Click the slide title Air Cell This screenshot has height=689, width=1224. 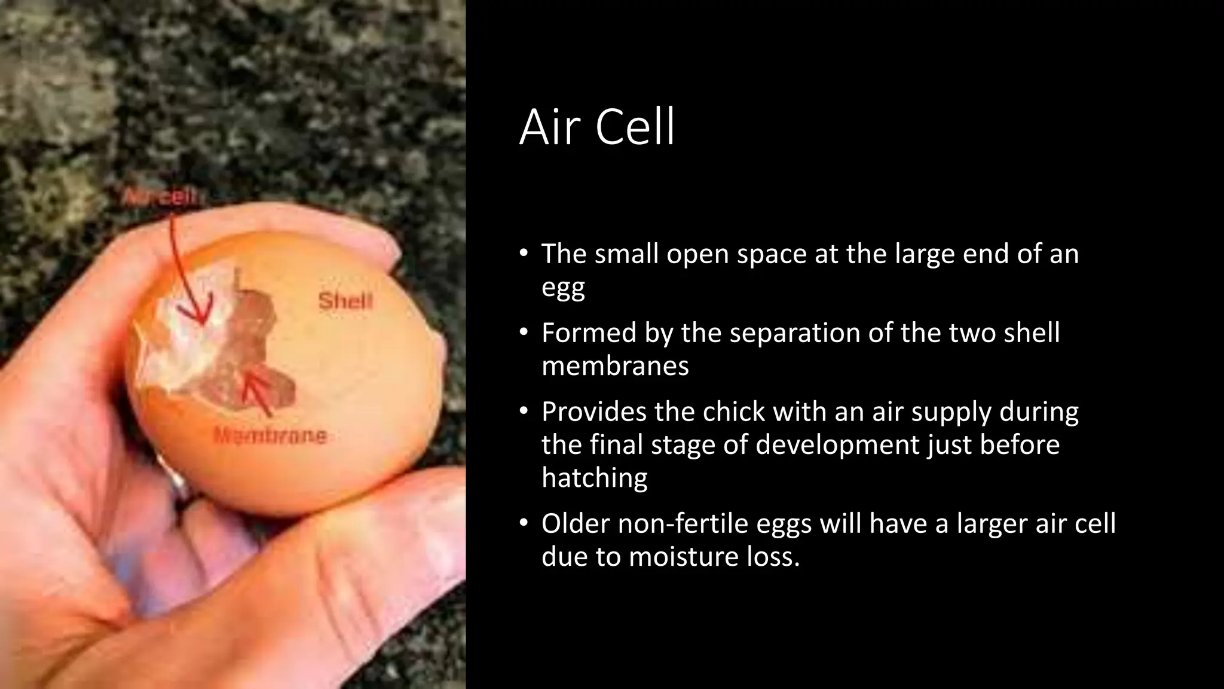(597, 127)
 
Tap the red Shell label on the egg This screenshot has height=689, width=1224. (345, 301)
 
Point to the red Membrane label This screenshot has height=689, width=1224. (270, 435)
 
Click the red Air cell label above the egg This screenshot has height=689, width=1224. (160, 196)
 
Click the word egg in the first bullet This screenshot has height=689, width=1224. (562, 288)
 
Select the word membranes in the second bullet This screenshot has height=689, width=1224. (615, 365)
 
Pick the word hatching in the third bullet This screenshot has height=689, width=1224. (594, 478)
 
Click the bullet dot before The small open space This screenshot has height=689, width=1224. (524, 254)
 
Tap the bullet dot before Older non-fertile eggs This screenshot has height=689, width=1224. (524, 523)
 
